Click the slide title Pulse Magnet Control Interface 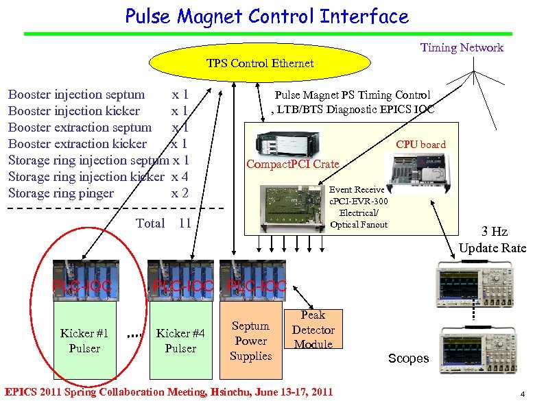point(267,16)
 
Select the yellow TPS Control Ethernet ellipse point(260,63)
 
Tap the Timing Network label point(462,47)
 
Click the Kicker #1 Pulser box point(84,341)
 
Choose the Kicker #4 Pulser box point(180,341)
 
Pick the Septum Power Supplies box point(250,341)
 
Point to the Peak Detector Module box point(313,329)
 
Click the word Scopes point(408,359)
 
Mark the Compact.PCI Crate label point(293,164)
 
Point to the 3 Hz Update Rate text point(492,240)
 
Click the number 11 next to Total point(185,223)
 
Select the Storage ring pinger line point(61,193)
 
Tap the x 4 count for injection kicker point(180,176)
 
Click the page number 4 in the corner point(522,393)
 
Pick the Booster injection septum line point(76,94)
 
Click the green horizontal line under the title point(267,33)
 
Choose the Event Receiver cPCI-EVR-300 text point(358,195)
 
